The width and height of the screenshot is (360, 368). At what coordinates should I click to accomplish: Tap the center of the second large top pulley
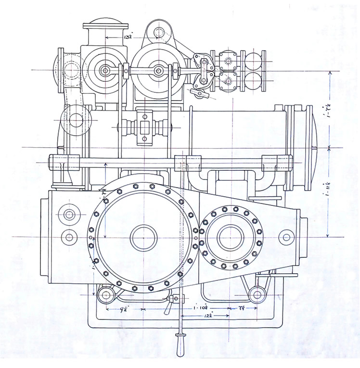[x=158, y=71]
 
